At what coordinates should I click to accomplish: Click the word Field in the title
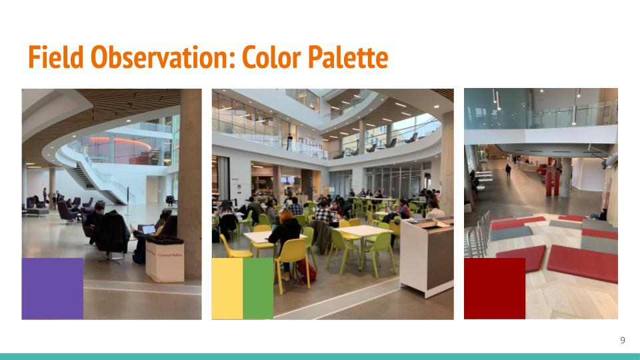coord(56,57)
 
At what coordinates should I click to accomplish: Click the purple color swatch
coord(53,289)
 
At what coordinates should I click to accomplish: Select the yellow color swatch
coord(227,289)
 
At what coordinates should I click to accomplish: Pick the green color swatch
coord(258,289)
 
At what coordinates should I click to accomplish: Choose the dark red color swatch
coord(495,289)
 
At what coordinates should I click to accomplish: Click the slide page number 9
coord(623,341)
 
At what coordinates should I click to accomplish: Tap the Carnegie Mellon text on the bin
coord(170,255)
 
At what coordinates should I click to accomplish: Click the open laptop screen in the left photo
coord(149,229)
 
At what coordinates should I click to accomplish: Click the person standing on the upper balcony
coord(289,142)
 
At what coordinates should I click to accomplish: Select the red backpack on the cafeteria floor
coord(307,271)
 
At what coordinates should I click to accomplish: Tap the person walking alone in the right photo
coord(508,170)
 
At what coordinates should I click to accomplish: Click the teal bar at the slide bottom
coord(320,357)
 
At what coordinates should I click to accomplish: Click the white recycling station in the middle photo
coord(427,256)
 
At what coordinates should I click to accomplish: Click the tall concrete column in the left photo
coord(190,184)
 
